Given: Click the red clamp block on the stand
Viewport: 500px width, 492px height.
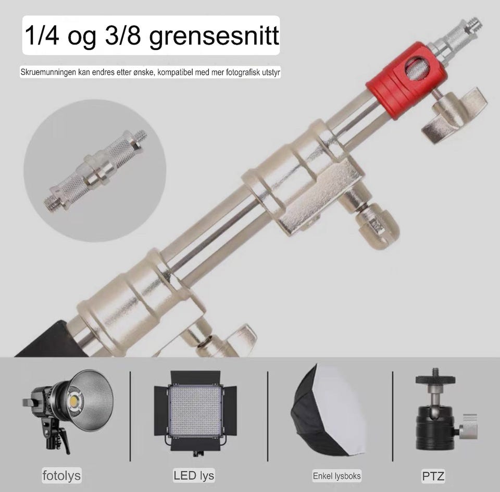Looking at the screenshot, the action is pyautogui.click(x=406, y=81).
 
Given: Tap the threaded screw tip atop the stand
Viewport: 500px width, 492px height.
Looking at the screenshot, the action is pyautogui.click(x=475, y=23).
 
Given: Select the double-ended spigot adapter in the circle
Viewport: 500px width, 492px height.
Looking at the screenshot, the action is pyautogui.click(x=95, y=170).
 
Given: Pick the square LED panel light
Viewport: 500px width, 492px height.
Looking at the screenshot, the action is pyautogui.click(x=195, y=412).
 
